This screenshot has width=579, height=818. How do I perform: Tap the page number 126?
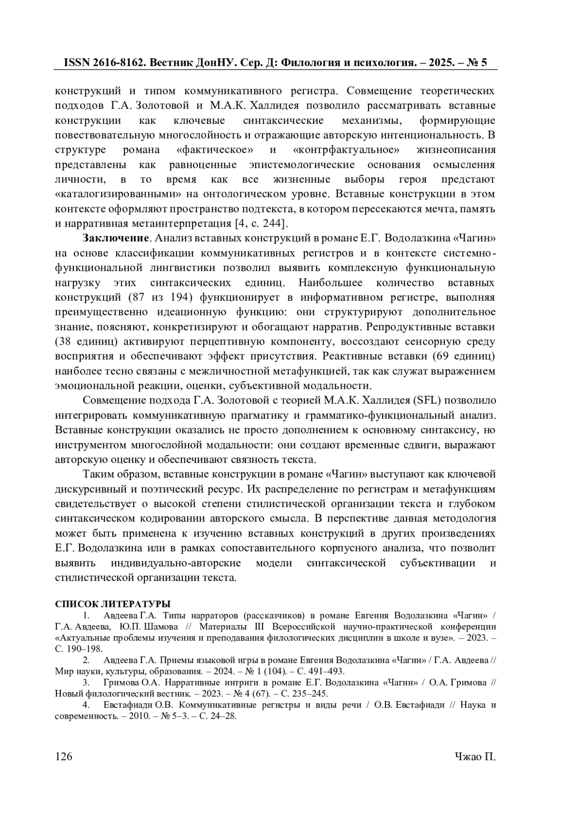64,756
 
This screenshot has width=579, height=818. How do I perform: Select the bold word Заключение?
115,238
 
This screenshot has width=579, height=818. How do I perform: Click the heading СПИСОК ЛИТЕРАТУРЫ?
113,604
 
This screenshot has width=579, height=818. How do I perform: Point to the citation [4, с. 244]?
261,223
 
